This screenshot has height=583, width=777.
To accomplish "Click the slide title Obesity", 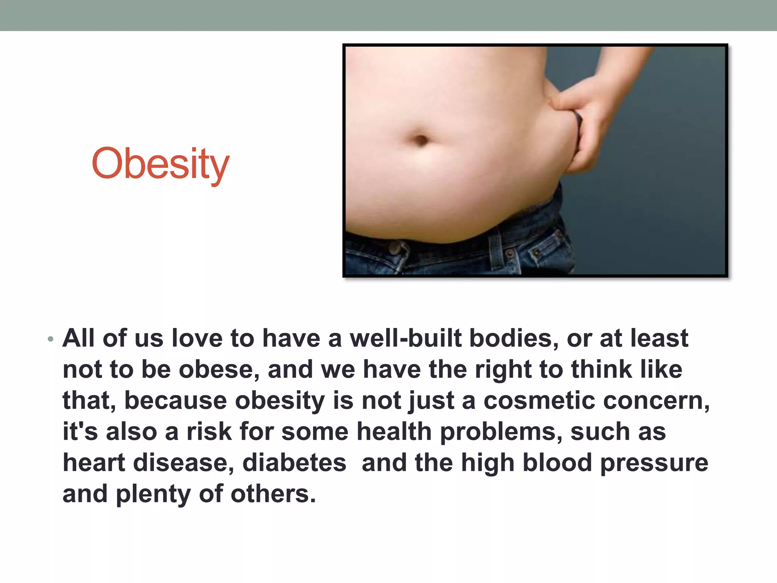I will pyautogui.click(x=160, y=164).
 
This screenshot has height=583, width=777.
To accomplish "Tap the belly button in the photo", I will pyautogui.click(x=421, y=140).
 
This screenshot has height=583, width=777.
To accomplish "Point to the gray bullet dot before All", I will pyautogui.click(x=50, y=339).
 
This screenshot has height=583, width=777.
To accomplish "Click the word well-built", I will pyautogui.click(x=406, y=338).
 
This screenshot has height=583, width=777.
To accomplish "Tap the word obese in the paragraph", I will pyautogui.click(x=219, y=369).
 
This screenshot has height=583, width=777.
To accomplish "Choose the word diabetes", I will pyautogui.click(x=294, y=463).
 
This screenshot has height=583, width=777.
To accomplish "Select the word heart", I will pyautogui.click(x=94, y=463).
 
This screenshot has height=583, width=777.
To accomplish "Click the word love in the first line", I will pyautogui.click(x=197, y=338).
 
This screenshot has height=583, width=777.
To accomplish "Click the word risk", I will pyautogui.click(x=209, y=432).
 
